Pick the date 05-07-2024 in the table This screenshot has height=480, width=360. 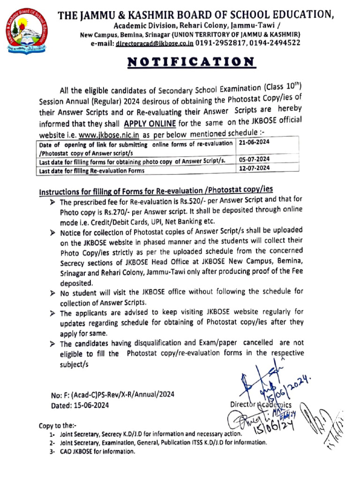254,159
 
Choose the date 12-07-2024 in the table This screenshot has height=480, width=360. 254,168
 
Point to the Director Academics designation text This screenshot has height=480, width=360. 261,405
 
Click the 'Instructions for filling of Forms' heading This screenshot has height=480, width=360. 155,191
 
